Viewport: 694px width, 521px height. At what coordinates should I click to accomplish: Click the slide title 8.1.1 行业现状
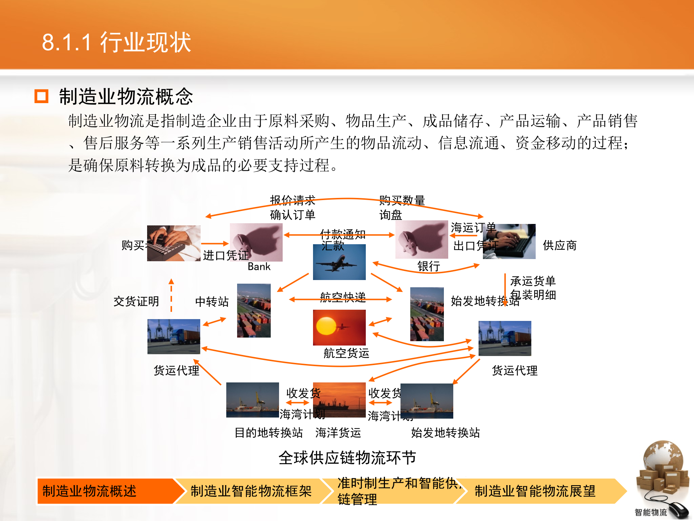(x=116, y=42)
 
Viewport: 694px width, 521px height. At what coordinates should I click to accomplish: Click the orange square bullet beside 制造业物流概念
(x=41, y=96)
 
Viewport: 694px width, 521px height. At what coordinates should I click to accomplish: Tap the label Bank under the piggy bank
(x=259, y=267)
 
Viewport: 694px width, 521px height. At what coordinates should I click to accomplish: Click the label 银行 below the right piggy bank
(x=429, y=266)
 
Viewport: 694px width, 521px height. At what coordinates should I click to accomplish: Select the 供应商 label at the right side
(x=559, y=245)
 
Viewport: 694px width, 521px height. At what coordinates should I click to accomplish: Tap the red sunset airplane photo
(x=339, y=327)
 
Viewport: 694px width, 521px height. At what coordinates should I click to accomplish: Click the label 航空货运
(x=346, y=353)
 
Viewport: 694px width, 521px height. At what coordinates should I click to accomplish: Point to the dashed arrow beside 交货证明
(x=171, y=296)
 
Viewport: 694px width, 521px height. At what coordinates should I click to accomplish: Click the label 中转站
(x=212, y=301)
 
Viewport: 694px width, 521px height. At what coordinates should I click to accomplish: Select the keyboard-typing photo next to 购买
(x=173, y=243)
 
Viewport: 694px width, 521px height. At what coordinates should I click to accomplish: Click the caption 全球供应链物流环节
(x=347, y=458)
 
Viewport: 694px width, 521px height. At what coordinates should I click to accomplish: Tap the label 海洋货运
(x=338, y=432)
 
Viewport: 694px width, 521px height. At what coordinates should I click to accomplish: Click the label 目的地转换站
(x=269, y=432)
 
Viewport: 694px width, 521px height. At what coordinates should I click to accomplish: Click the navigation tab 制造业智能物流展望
(x=535, y=491)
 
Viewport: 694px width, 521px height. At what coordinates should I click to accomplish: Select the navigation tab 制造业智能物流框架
(x=251, y=491)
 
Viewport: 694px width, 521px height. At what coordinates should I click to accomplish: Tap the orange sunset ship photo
(x=339, y=400)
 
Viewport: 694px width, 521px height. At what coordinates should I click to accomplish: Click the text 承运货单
(x=533, y=281)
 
